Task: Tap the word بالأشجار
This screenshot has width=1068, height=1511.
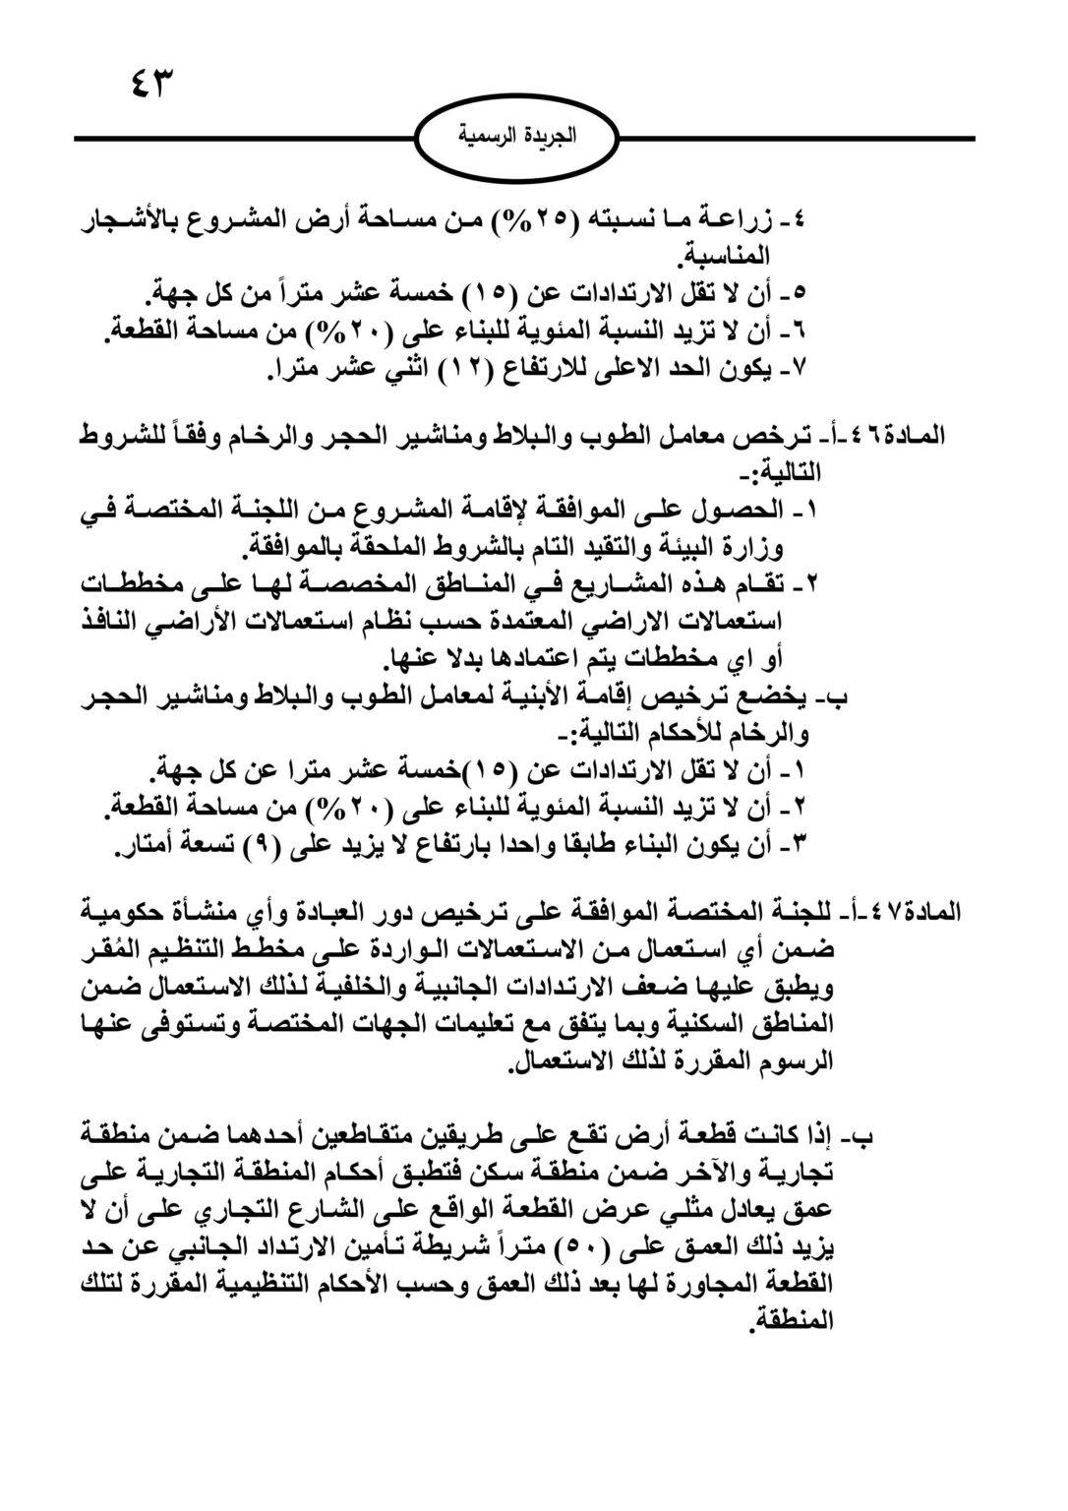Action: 131,222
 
